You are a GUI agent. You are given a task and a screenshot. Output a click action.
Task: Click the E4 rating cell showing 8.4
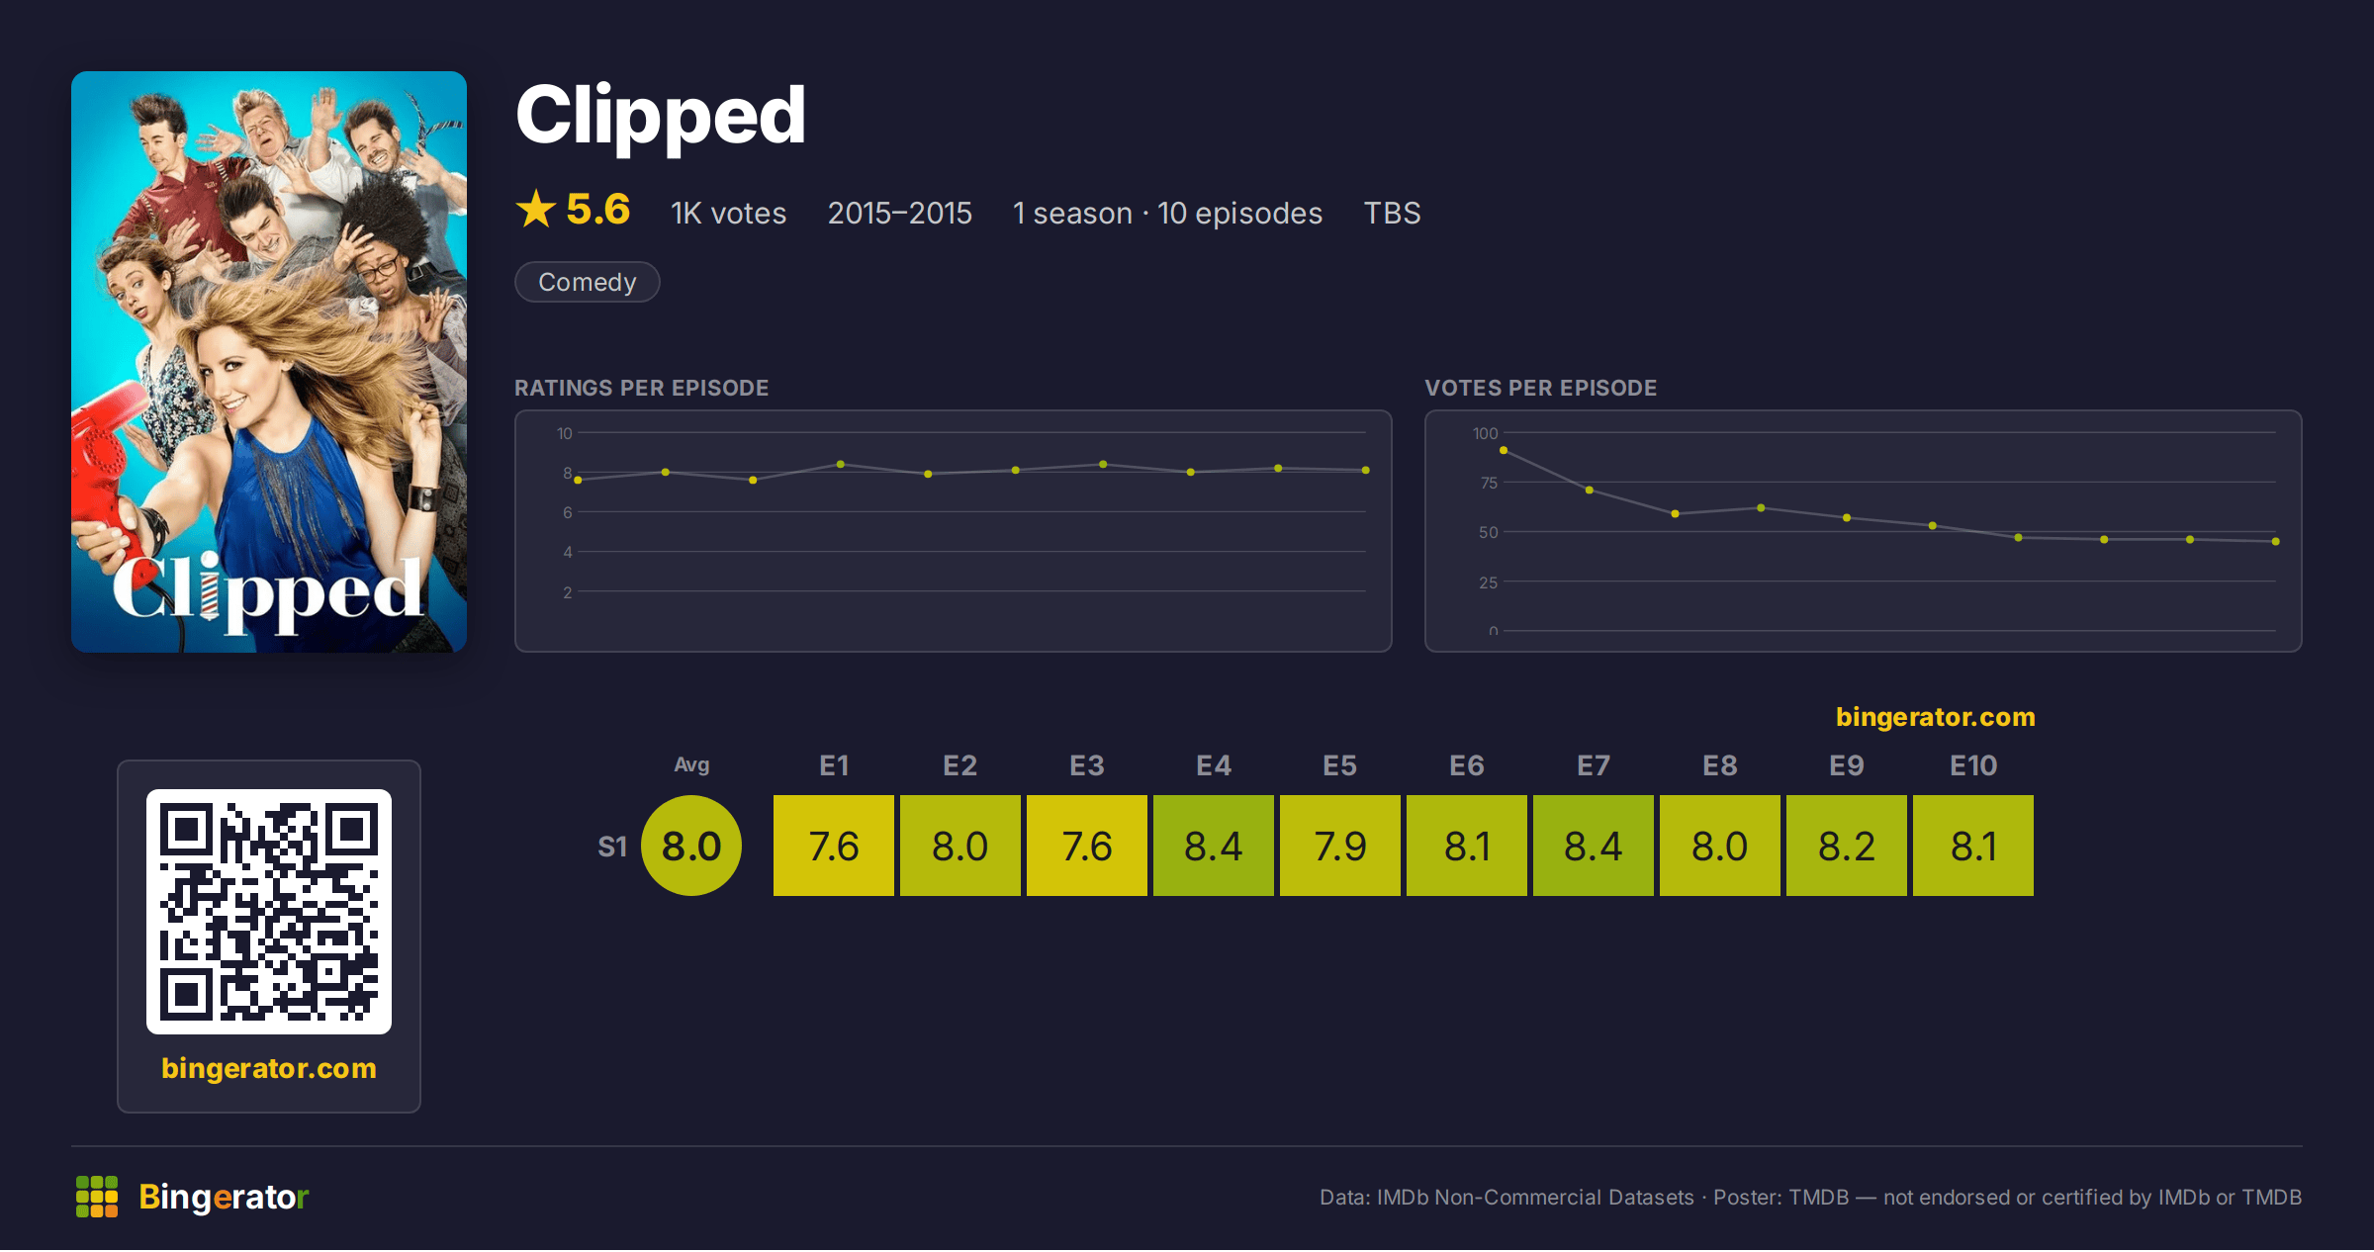pyautogui.click(x=1214, y=846)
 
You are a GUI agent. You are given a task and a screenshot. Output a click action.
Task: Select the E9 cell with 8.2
pyautogui.click(x=1847, y=846)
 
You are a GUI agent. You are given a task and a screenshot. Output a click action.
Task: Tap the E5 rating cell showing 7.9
pyautogui.click(x=1340, y=846)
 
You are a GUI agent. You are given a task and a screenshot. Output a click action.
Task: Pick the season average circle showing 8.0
pyautogui.click(x=691, y=846)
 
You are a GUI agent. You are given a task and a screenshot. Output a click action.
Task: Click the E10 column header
pyautogui.click(x=1973, y=765)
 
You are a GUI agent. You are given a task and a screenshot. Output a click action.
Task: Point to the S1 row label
pyautogui.click(x=612, y=847)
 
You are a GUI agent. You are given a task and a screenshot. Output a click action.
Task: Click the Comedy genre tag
pyautogui.click(x=588, y=282)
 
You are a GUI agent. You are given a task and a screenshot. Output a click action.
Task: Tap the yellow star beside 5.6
pyautogui.click(x=536, y=209)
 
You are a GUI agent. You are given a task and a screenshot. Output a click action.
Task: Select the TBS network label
pyautogui.click(x=1392, y=213)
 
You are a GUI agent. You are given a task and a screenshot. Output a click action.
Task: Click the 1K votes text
pyautogui.click(x=728, y=213)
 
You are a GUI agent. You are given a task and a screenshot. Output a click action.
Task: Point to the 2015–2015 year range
pyautogui.click(x=899, y=213)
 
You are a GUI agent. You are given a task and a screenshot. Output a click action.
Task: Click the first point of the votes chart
pyautogui.click(x=1504, y=450)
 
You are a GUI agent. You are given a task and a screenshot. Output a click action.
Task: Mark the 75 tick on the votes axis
pyautogui.click(x=1489, y=483)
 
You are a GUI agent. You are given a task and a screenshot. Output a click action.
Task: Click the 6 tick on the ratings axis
pyautogui.click(x=568, y=512)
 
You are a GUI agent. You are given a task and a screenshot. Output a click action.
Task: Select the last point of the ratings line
pyautogui.click(x=1366, y=470)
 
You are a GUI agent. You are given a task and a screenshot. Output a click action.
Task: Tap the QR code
pyautogui.click(x=269, y=911)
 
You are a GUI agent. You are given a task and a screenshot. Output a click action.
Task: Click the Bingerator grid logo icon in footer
pyautogui.click(x=97, y=1197)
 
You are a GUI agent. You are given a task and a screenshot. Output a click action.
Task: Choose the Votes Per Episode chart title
pyautogui.click(x=1540, y=388)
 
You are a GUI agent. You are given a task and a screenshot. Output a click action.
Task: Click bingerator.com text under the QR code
pyautogui.click(x=269, y=1068)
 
